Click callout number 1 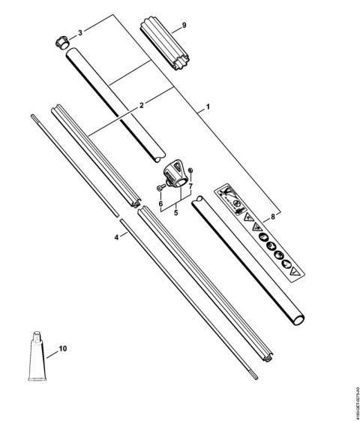pyautogui.click(x=206, y=109)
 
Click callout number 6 pyautogui.click(x=160, y=203)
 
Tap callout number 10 pyautogui.click(x=62, y=348)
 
